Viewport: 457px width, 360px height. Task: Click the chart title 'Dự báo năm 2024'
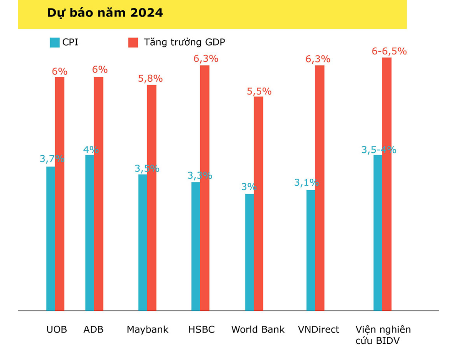point(105,13)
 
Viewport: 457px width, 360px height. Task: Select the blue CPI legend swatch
point(54,43)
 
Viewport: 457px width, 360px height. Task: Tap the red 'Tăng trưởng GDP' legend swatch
point(133,43)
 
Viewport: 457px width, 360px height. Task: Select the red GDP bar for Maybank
point(152,198)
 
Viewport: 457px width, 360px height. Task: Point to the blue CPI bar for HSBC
point(196,246)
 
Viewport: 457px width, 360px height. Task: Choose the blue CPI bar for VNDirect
point(311,250)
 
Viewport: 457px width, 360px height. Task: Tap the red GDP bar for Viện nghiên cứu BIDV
point(387,184)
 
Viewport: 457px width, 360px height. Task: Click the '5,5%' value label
point(259,91)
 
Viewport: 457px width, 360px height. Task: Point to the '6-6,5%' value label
point(389,51)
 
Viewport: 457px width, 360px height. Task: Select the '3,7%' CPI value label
point(52,158)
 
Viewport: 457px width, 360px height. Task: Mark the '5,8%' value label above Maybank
point(150,79)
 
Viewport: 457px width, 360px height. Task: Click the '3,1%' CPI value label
point(306,183)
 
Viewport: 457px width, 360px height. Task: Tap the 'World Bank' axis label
point(258,329)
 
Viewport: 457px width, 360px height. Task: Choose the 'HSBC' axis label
point(201,329)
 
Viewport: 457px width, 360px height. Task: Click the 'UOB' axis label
point(56,329)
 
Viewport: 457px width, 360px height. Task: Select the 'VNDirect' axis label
point(318,329)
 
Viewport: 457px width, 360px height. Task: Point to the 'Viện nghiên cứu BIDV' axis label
point(383,335)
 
